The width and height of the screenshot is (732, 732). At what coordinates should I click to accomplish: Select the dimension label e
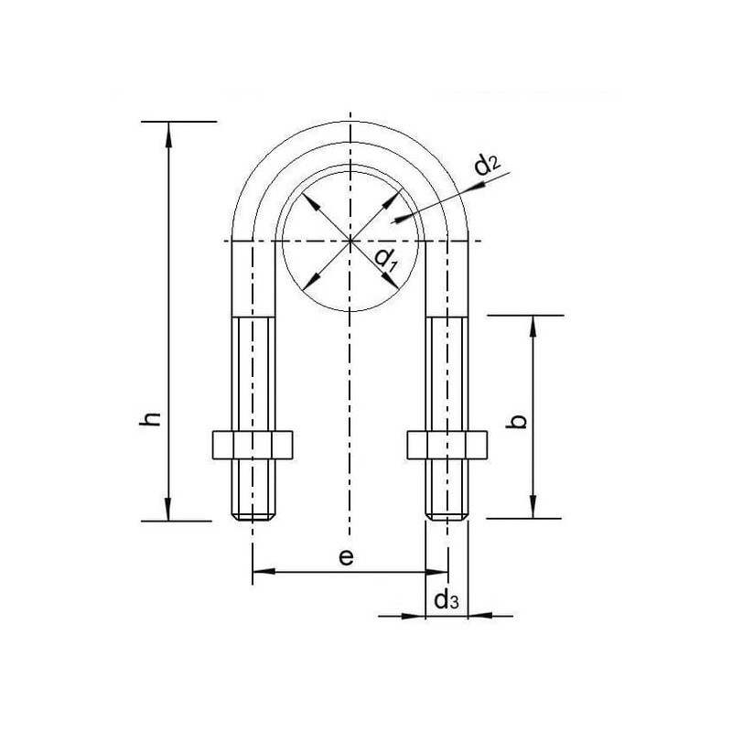click(x=346, y=557)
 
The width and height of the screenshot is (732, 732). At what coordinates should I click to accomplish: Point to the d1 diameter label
click(x=385, y=260)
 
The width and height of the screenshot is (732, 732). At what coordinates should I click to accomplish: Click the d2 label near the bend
click(x=488, y=164)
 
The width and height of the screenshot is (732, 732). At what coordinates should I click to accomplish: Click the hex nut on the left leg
click(x=253, y=445)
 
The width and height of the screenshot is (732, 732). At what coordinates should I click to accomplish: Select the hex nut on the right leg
click(x=447, y=445)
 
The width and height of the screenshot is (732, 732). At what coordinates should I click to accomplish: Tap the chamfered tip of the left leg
click(x=253, y=517)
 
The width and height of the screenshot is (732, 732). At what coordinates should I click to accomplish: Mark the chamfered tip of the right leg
click(x=447, y=517)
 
